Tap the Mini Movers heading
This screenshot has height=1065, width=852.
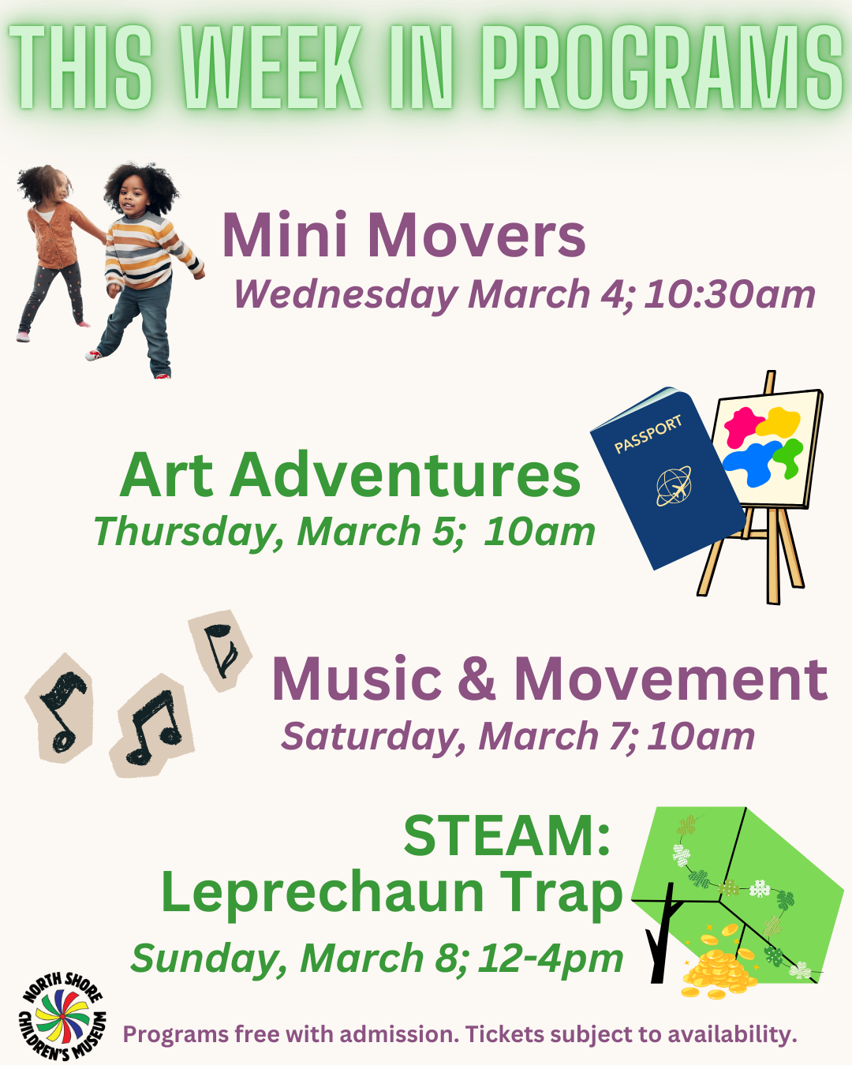point(404,235)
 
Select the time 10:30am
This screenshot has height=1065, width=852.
point(730,294)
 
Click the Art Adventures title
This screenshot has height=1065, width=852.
point(350,476)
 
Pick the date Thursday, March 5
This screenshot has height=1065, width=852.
point(275,532)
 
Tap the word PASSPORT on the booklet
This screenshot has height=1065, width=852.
point(648,434)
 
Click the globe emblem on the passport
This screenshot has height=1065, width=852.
point(674,485)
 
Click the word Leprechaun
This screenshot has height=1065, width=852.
point(322,893)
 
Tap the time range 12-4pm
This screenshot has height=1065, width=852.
point(551,958)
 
